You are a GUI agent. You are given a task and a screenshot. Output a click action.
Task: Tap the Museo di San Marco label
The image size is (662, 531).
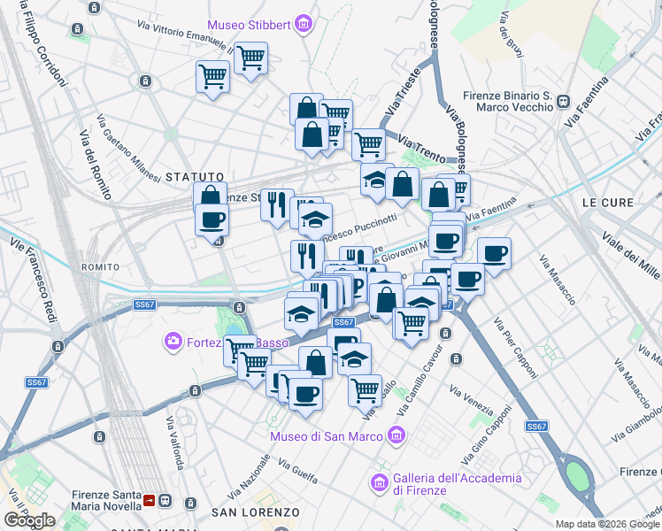pos(327,436)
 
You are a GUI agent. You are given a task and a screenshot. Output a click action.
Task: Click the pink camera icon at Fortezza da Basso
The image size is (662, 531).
pos(172,341)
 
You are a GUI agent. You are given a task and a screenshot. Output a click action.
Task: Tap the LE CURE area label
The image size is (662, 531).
pos(607,203)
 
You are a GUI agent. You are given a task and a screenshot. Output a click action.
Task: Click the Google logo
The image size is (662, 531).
pos(29,520)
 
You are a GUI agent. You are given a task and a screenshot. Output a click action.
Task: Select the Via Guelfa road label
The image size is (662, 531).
pos(297,472)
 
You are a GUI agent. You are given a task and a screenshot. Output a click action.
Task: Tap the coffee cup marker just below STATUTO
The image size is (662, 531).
pos(212,220)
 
